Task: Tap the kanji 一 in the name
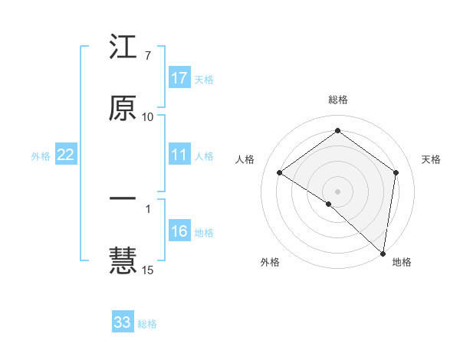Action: pos(123,198)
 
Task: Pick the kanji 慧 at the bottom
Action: pos(123,260)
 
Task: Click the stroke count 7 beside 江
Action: pos(147,56)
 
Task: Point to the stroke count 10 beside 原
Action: pos(147,117)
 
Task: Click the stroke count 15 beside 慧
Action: pos(147,270)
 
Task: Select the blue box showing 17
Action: pos(179,78)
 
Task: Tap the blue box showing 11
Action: pos(179,155)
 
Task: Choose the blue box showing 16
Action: pos(179,231)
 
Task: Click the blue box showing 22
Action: pos(66,155)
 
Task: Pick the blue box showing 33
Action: pos(123,322)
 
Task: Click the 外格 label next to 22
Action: pos(41,156)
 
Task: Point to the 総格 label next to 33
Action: pos(147,324)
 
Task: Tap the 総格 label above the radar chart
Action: pos(338,100)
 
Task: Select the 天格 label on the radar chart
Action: pos(431,159)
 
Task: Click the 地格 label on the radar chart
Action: pos(402,262)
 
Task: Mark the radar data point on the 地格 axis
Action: pos(383,253)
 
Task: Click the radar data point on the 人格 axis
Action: pos(280,172)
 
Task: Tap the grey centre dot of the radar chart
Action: pos(338,191)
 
